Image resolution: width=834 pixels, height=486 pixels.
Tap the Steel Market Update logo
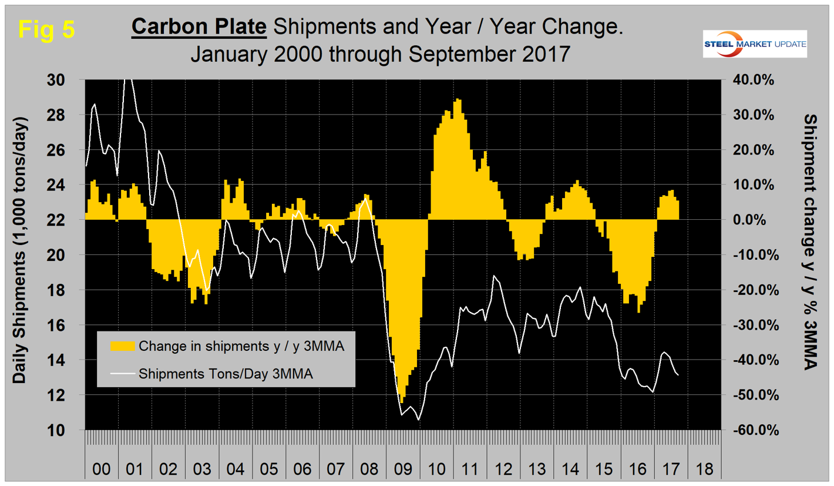click(x=755, y=45)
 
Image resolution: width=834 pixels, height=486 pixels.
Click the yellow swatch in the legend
click(x=121, y=345)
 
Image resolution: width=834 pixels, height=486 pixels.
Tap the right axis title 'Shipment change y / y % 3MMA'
click(x=813, y=241)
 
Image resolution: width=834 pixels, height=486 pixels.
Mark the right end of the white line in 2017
click(x=678, y=375)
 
